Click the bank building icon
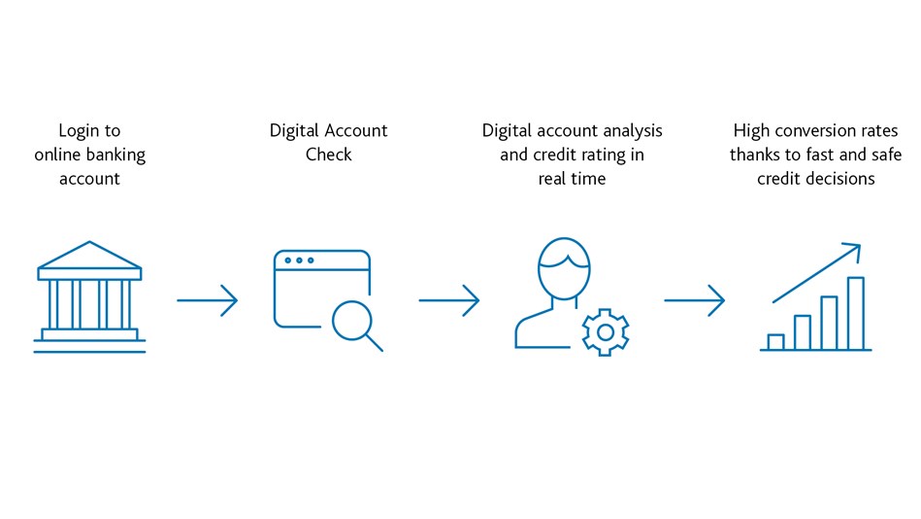89,296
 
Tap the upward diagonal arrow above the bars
816,273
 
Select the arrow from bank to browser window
208,300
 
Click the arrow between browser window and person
449,300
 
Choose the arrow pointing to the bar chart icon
695,300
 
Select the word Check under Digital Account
328,155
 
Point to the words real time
572,178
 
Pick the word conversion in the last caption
816,130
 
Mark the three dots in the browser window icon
299,260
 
